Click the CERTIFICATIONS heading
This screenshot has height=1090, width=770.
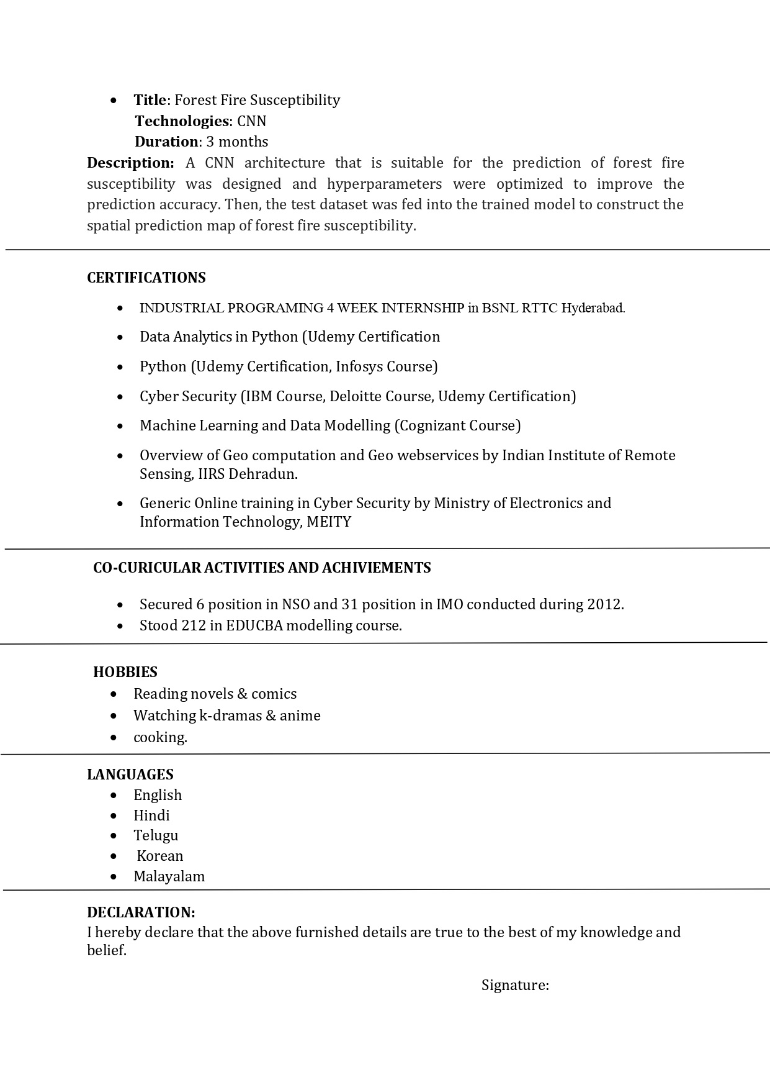pyautogui.click(x=146, y=278)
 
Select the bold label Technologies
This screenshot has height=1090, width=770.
pyautogui.click(x=182, y=121)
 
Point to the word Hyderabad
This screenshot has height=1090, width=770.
pyautogui.click(x=593, y=308)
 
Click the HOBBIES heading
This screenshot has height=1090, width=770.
pyautogui.click(x=125, y=672)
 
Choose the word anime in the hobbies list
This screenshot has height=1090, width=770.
pyautogui.click(x=300, y=715)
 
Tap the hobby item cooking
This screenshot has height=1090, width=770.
pyautogui.click(x=160, y=737)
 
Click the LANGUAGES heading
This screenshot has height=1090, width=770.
pyautogui.click(x=130, y=774)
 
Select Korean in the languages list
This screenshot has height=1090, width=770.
pyautogui.click(x=160, y=856)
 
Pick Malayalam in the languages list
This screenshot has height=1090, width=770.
pyautogui.click(x=169, y=876)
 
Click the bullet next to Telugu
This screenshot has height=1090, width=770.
pyautogui.click(x=113, y=836)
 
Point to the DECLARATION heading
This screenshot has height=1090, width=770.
pyautogui.click(x=141, y=912)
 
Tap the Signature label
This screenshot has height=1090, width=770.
pyautogui.click(x=515, y=985)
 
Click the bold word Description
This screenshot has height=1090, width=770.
pyautogui.click(x=130, y=163)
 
